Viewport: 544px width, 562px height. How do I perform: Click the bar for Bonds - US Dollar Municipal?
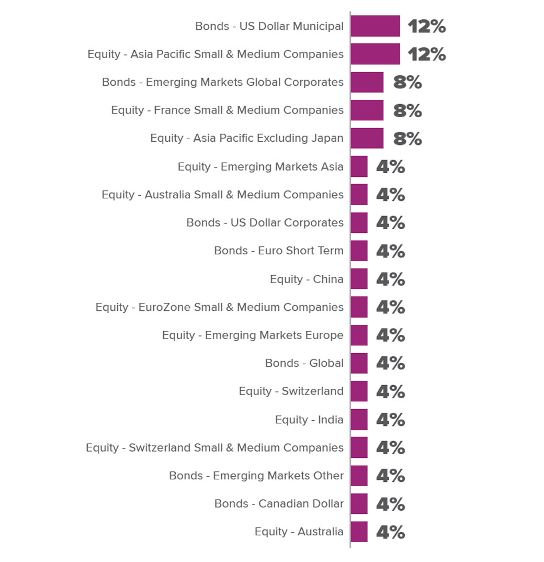(375, 26)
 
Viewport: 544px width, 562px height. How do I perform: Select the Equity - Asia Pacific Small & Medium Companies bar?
(375, 54)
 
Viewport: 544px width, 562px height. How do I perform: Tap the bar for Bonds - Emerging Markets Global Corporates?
(367, 82)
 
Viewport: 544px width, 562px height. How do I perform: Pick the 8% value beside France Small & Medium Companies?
(407, 110)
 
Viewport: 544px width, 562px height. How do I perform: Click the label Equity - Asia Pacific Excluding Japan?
(247, 139)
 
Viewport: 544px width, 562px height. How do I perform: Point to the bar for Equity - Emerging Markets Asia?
(359, 167)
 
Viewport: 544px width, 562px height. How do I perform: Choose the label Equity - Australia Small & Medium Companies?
(223, 195)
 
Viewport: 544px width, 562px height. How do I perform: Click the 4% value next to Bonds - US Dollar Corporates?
(390, 223)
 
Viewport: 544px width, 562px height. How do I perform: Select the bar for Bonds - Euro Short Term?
(359, 251)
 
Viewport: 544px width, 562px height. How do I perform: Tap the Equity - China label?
(307, 279)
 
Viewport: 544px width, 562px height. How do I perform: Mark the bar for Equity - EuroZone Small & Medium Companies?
(359, 307)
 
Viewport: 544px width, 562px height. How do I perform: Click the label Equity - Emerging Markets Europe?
(253, 335)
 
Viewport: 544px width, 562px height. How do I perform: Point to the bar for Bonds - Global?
(359, 363)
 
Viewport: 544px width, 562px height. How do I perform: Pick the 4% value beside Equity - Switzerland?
(390, 391)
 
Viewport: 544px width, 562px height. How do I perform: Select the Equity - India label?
(309, 420)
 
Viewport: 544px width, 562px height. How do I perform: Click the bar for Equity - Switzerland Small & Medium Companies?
(359, 448)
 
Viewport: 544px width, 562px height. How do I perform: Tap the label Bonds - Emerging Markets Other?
(256, 476)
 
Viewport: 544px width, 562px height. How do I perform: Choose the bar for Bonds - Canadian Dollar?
(359, 504)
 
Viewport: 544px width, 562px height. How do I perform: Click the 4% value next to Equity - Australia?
(390, 532)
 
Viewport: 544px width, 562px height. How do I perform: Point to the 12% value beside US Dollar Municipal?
(427, 26)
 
